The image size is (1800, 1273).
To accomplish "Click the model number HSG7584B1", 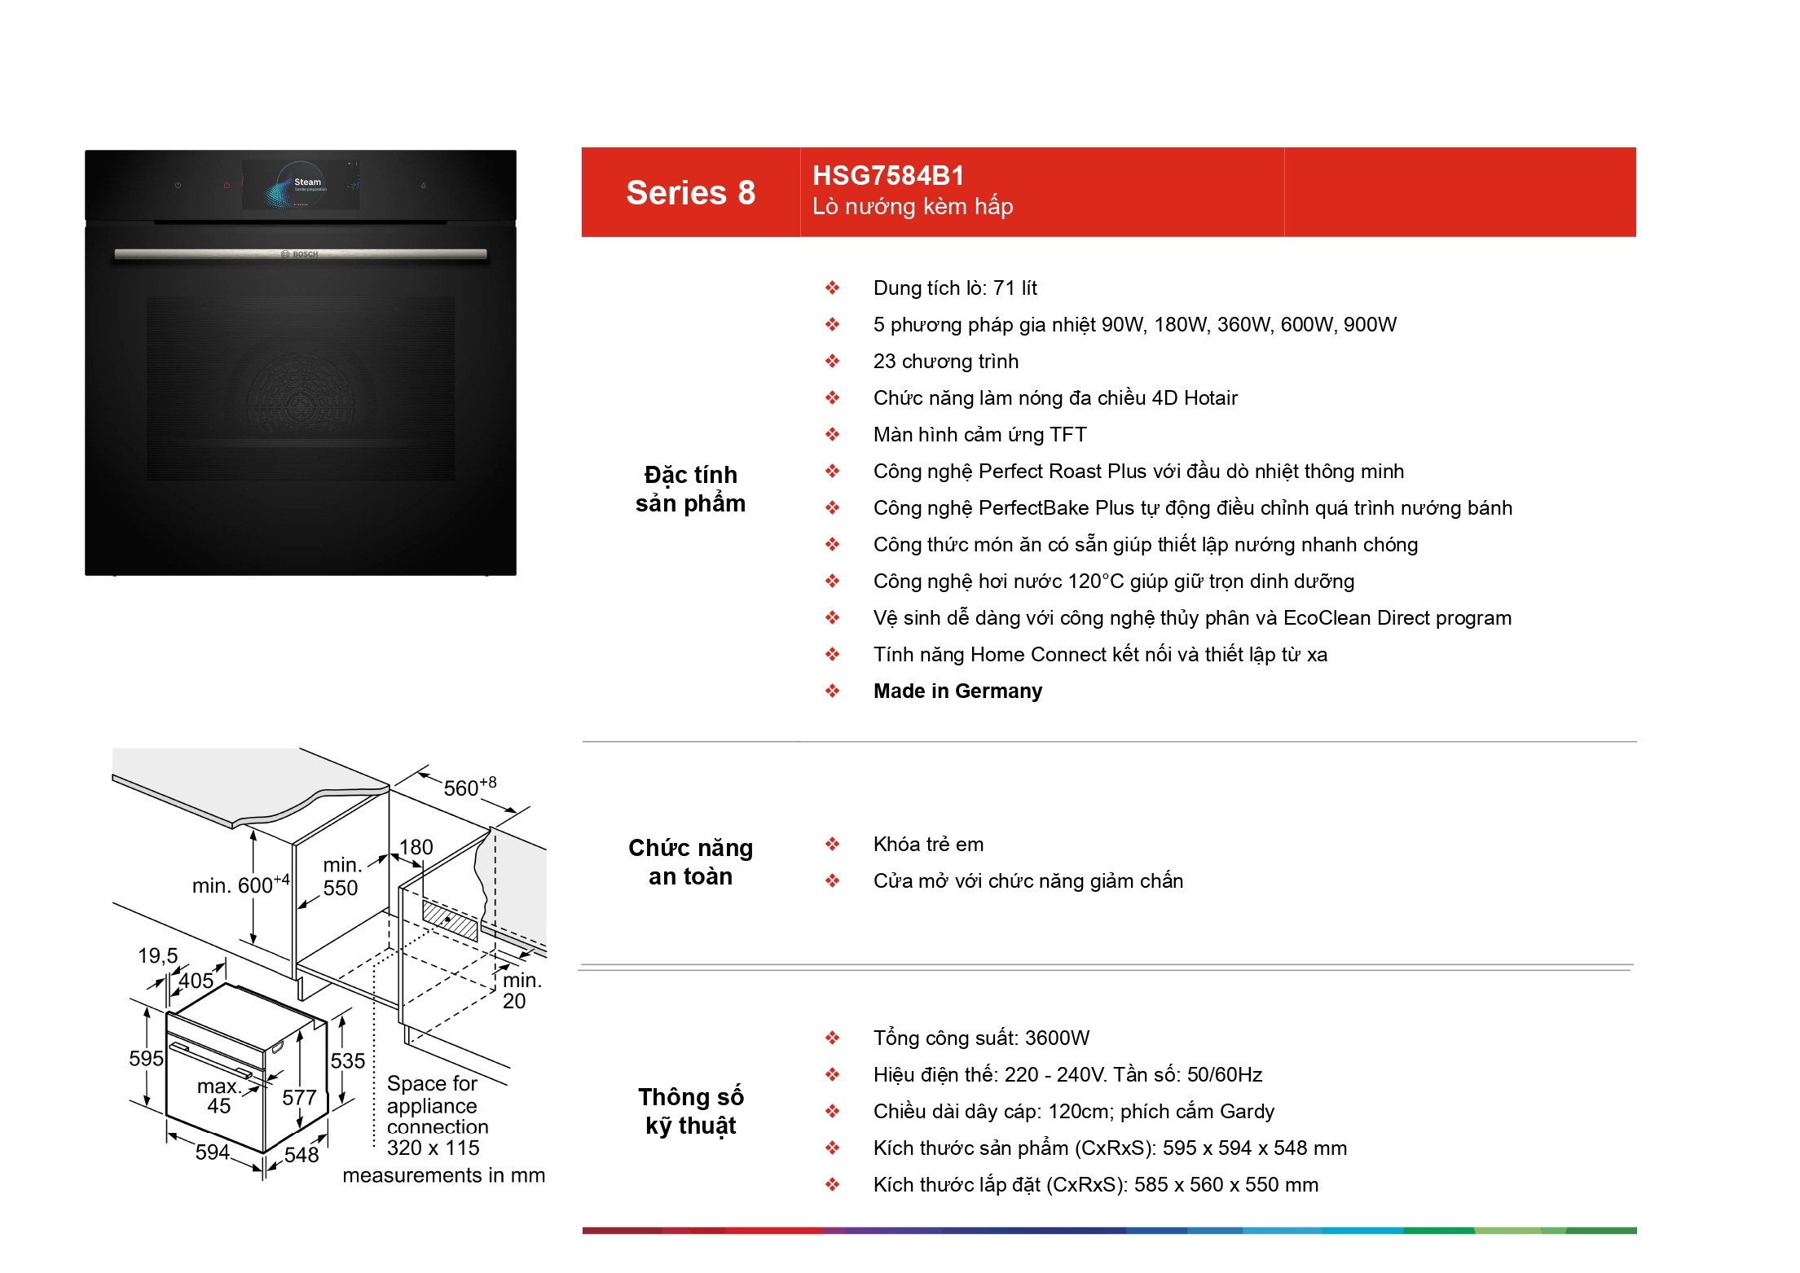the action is pos(888,176).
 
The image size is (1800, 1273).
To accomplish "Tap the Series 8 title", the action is pos(690,193).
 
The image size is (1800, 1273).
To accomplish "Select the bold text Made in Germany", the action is pos(957,691).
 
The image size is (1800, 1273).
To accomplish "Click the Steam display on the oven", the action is pos(301,185).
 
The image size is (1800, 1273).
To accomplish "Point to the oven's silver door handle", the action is pos(301,254).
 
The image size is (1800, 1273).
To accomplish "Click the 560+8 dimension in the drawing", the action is pos(469,787).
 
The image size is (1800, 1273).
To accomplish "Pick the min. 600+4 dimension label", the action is pos(240,885).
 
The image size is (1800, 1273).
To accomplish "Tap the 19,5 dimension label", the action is pos(157,955).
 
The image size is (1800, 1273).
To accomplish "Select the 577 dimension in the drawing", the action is pos(299,1098).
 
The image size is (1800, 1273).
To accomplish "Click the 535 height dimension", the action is pos(348,1060).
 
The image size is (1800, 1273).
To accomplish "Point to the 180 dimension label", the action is pos(416,847).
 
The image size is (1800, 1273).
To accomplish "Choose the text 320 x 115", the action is pos(433,1148).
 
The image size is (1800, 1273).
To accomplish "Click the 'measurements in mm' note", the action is pos(444,1175).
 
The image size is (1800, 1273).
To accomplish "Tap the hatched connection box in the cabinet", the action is pos(450,920).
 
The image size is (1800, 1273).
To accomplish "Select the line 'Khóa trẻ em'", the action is pos(928,845).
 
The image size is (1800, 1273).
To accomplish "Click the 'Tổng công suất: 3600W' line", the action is pos(981,1038).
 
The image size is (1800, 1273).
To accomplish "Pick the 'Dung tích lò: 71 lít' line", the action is pos(955,288).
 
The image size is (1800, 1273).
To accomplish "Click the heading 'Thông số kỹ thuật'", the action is pos(690,1111).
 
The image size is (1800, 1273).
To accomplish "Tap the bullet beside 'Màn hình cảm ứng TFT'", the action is pos(832,434).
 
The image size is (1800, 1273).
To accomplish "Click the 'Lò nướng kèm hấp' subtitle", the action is pos(913,207).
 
